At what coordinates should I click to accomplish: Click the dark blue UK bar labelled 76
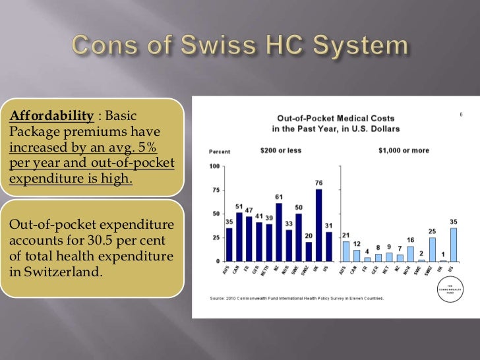coord(319,225)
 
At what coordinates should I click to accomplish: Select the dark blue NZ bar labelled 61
coord(279,232)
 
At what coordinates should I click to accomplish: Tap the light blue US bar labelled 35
coord(454,245)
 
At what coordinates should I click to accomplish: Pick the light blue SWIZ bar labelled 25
coord(433,249)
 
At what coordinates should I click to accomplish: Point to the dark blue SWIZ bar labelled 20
coord(309,251)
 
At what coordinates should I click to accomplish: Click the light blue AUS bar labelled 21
coord(346,251)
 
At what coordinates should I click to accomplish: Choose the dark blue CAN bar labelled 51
coord(239,237)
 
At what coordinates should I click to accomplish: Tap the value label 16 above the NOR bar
coord(411,240)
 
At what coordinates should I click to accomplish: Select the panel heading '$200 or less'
coord(280,150)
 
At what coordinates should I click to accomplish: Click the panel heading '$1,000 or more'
coord(404,150)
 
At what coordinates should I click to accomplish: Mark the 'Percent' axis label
coord(220,151)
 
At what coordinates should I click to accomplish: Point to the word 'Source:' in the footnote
coord(218,298)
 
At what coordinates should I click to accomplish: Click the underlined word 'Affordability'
coord(51,116)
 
